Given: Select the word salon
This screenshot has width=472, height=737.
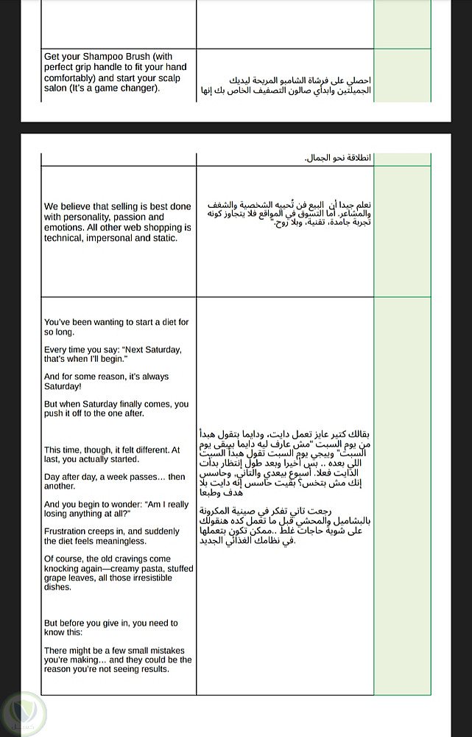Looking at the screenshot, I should [x=56, y=88].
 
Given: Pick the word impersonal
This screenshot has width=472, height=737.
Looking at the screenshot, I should [x=115, y=238].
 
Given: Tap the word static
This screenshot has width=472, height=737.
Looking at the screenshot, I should [x=164, y=238].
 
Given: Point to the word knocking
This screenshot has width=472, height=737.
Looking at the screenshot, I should [x=62, y=568].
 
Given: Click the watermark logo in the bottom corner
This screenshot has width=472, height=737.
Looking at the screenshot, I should [x=23, y=712].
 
